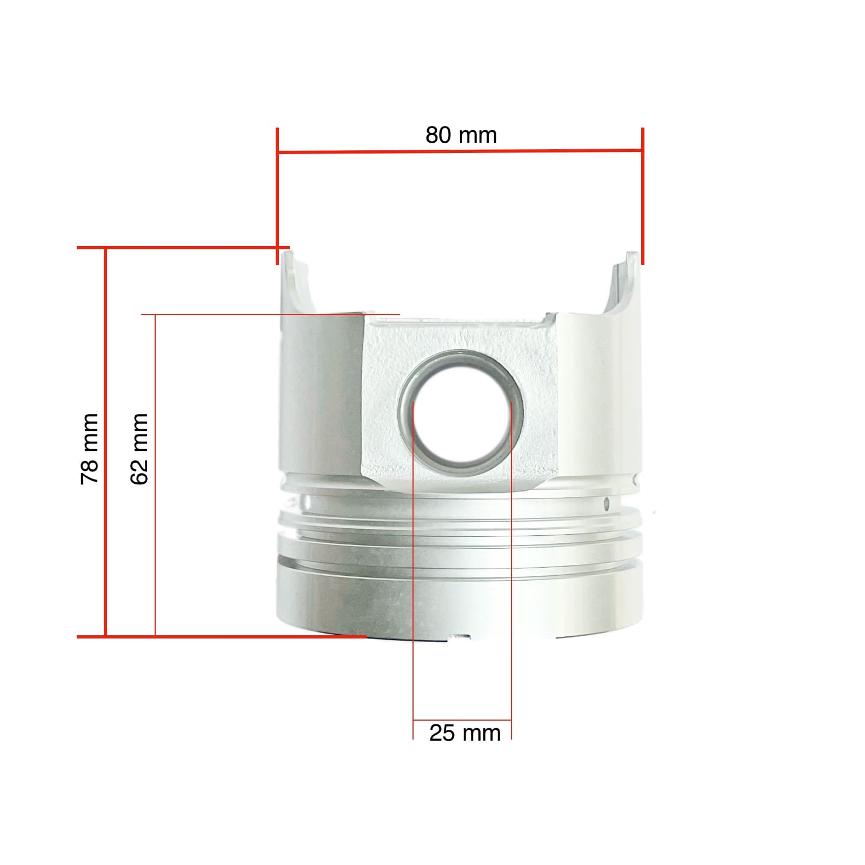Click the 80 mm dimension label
[x=461, y=135]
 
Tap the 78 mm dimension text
[x=89, y=449]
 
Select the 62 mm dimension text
[x=139, y=449]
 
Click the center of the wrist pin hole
[x=461, y=412]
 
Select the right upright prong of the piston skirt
[x=626, y=281]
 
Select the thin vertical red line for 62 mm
[x=155, y=541]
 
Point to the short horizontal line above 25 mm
[x=462, y=720]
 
